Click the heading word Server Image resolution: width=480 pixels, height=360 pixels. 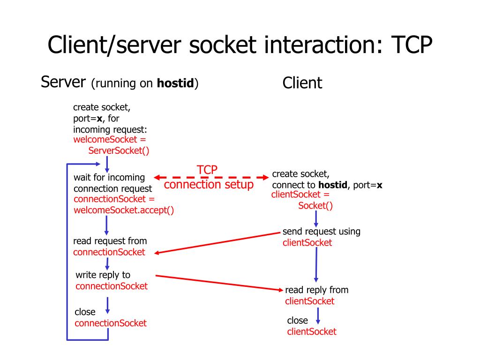click(x=63, y=82)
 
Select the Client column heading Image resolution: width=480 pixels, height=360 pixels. click(x=302, y=83)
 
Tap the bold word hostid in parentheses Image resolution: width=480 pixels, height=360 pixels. click(x=175, y=84)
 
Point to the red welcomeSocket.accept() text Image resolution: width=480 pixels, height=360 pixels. click(x=124, y=210)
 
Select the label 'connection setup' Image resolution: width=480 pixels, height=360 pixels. click(x=209, y=185)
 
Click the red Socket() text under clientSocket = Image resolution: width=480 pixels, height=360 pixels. click(x=315, y=205)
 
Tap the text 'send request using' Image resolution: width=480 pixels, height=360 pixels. click(x=321, y=232)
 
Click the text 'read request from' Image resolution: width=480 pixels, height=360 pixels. click(x=110, y=241)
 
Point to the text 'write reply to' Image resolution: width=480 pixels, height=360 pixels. click(x=103, y=275)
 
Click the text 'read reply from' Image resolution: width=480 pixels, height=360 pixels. click(x=316, y=290)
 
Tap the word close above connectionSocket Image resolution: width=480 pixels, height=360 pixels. click(x=85, y=312)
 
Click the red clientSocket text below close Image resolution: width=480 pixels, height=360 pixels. click(x=312, y=331)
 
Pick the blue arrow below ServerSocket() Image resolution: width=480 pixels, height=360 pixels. click(x=107, y=164)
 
